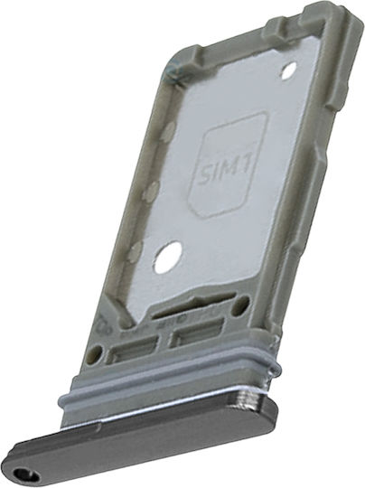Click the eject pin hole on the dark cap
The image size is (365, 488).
(x=27, y=475)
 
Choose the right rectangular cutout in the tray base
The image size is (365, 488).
(x=199, y=332)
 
